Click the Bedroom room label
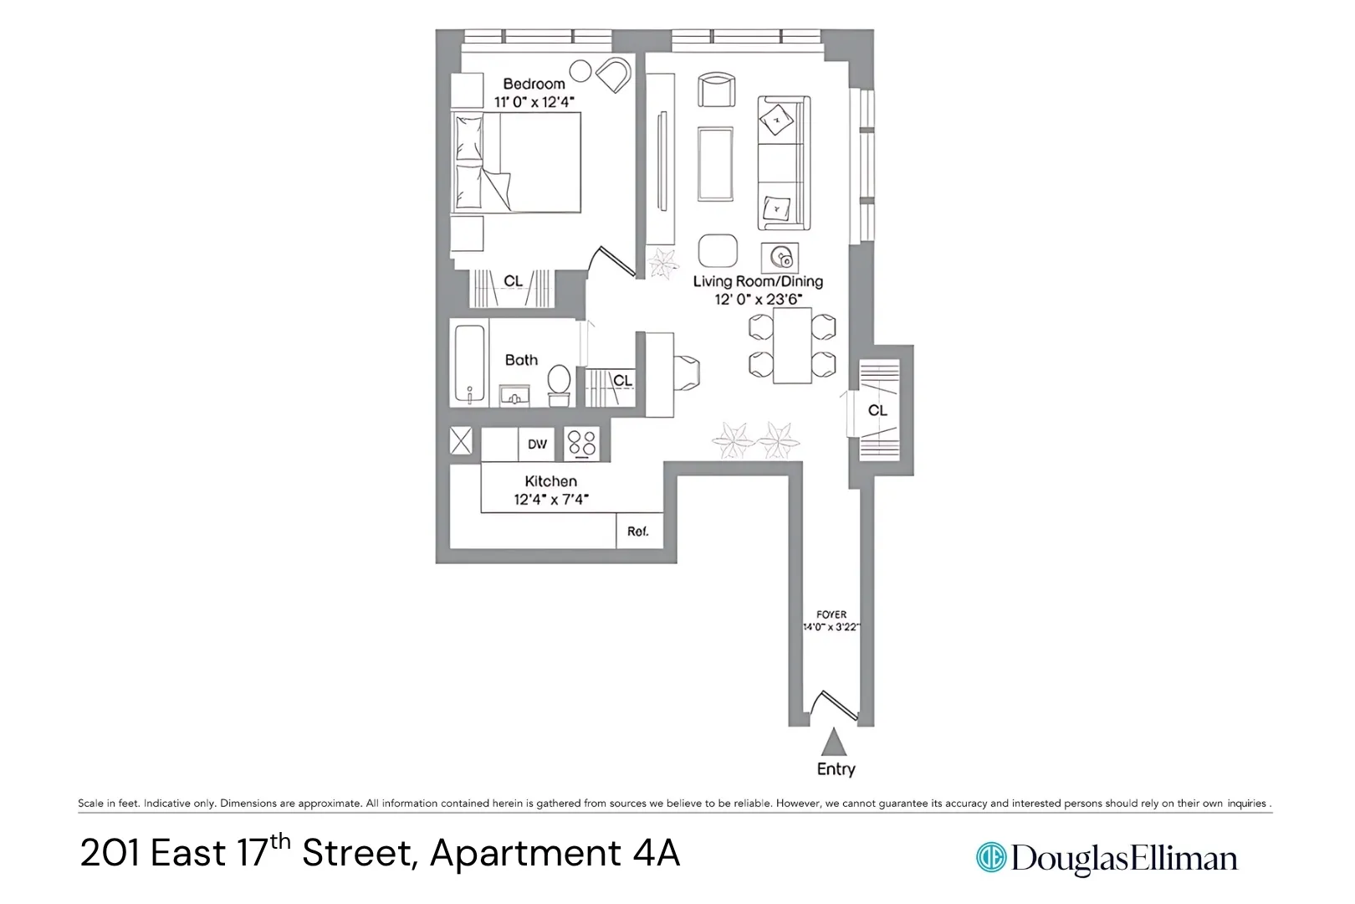(x=534, y=84)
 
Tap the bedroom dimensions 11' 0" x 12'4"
(x=534, y=102)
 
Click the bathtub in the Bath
(x=469, y=363)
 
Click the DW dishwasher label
(x=537, y=444)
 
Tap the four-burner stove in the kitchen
(x=582, y=444)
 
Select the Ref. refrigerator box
(x=639, y=532)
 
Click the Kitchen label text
(x=550, y=481)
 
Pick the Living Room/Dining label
(x=758, y=281)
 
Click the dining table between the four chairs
(x=792, y=346)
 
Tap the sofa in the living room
(x=784, y=163)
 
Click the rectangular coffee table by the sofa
(x=715, y=164)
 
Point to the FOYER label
(x=831, y=614)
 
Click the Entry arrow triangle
(x=833, y=742)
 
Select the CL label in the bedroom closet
(x=513, y=281)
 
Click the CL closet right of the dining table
(x=878, y=410)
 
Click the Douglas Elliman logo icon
(x=991, y=858)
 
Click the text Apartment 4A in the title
(x=555, y=854)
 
